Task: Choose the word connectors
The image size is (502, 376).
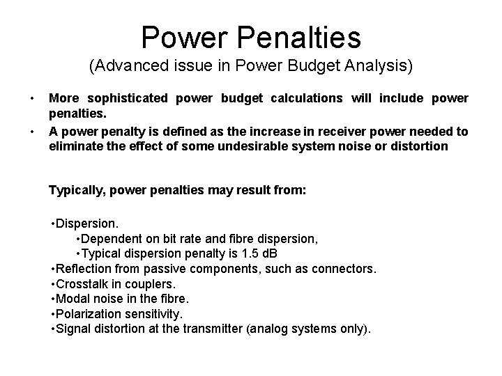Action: [x=344, y=268]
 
